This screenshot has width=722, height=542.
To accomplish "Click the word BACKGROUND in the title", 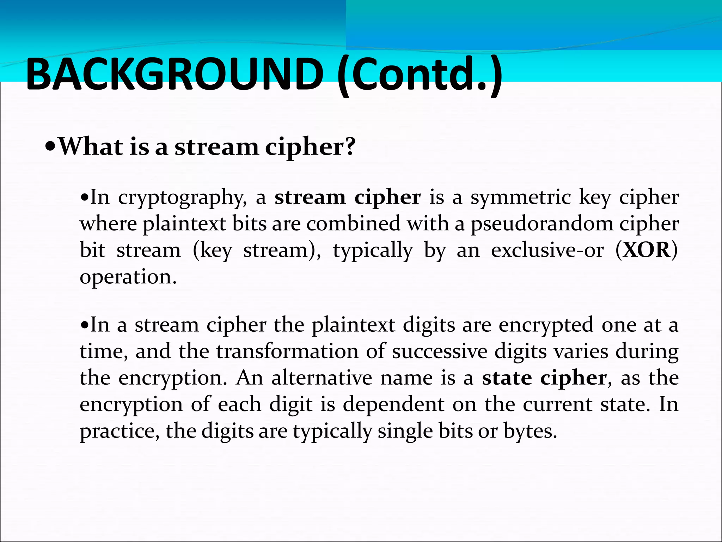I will coord(175,75).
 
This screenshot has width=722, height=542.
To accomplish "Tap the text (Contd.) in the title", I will coord(420,76).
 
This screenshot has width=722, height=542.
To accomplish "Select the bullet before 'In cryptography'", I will coord(84,197).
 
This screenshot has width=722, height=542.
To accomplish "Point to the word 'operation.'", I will coord(128,277).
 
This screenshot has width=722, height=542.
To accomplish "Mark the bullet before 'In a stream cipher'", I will coord(84,325).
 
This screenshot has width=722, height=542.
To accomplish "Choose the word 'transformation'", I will coord(287,351).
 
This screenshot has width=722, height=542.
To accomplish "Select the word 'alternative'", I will coord(322,378).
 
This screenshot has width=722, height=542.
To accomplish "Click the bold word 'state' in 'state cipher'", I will coord(507,378).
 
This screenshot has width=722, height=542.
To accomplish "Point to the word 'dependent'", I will coord(393,404).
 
